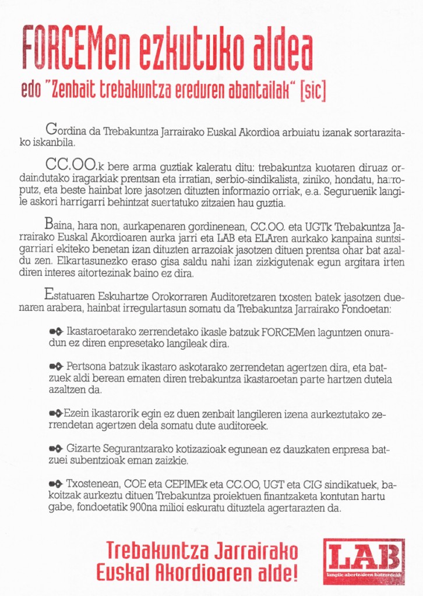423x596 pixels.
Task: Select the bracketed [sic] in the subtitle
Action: [x=313, y=92]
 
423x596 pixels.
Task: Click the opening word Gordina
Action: [x=65, y=131]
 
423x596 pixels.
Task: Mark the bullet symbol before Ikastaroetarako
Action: [x=57, y=331]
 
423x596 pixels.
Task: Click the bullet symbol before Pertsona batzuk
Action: [x=57, y=367]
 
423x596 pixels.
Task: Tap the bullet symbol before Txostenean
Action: [x=57, y=484]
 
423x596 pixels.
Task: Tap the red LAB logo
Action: [x=364, y=562]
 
